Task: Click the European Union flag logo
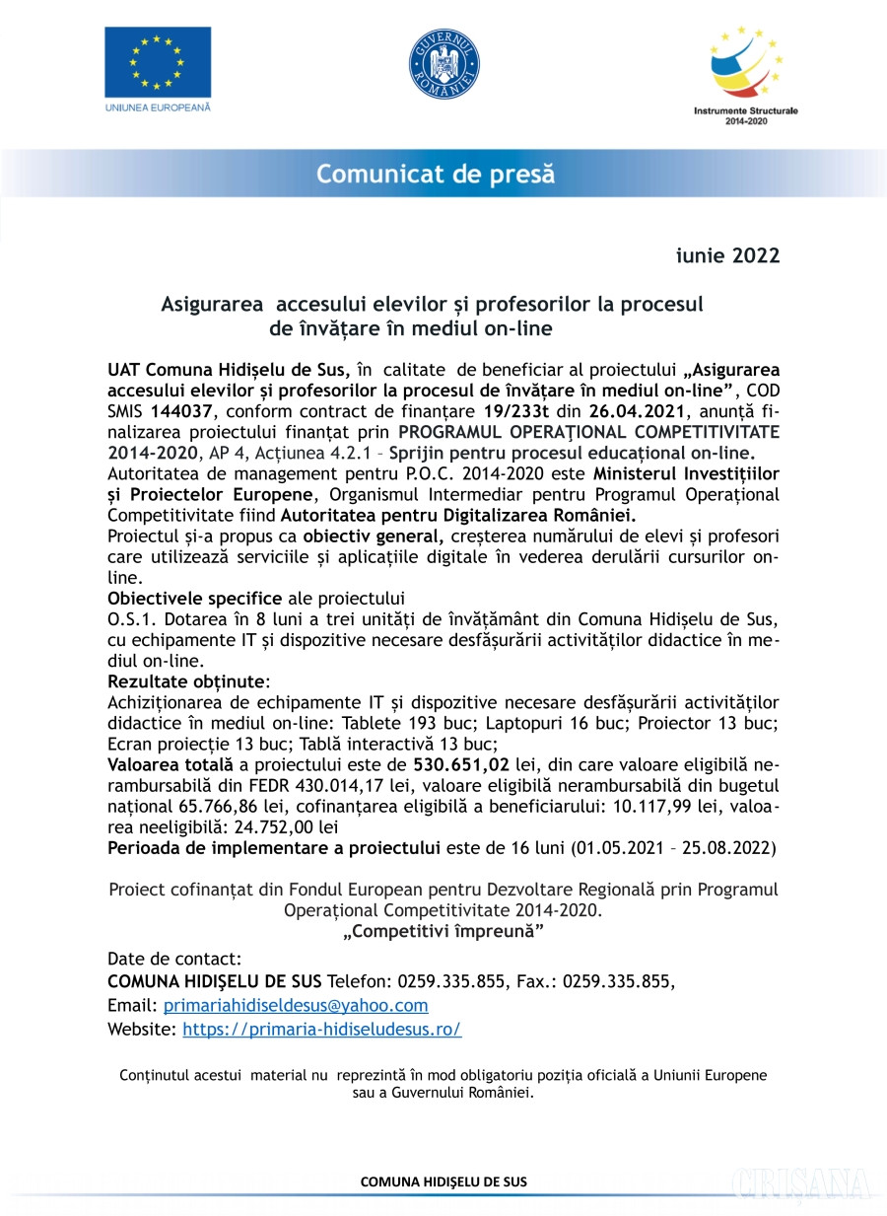click(158, 62)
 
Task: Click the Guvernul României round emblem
click(443, 64)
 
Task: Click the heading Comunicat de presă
click(435, 176)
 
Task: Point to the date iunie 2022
click(727, 256)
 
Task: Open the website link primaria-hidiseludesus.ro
click(322, 1029)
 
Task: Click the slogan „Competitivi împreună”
click(443, 931)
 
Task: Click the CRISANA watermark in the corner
click(800, 1183)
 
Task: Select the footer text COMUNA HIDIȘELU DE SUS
click(443, 1180)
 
